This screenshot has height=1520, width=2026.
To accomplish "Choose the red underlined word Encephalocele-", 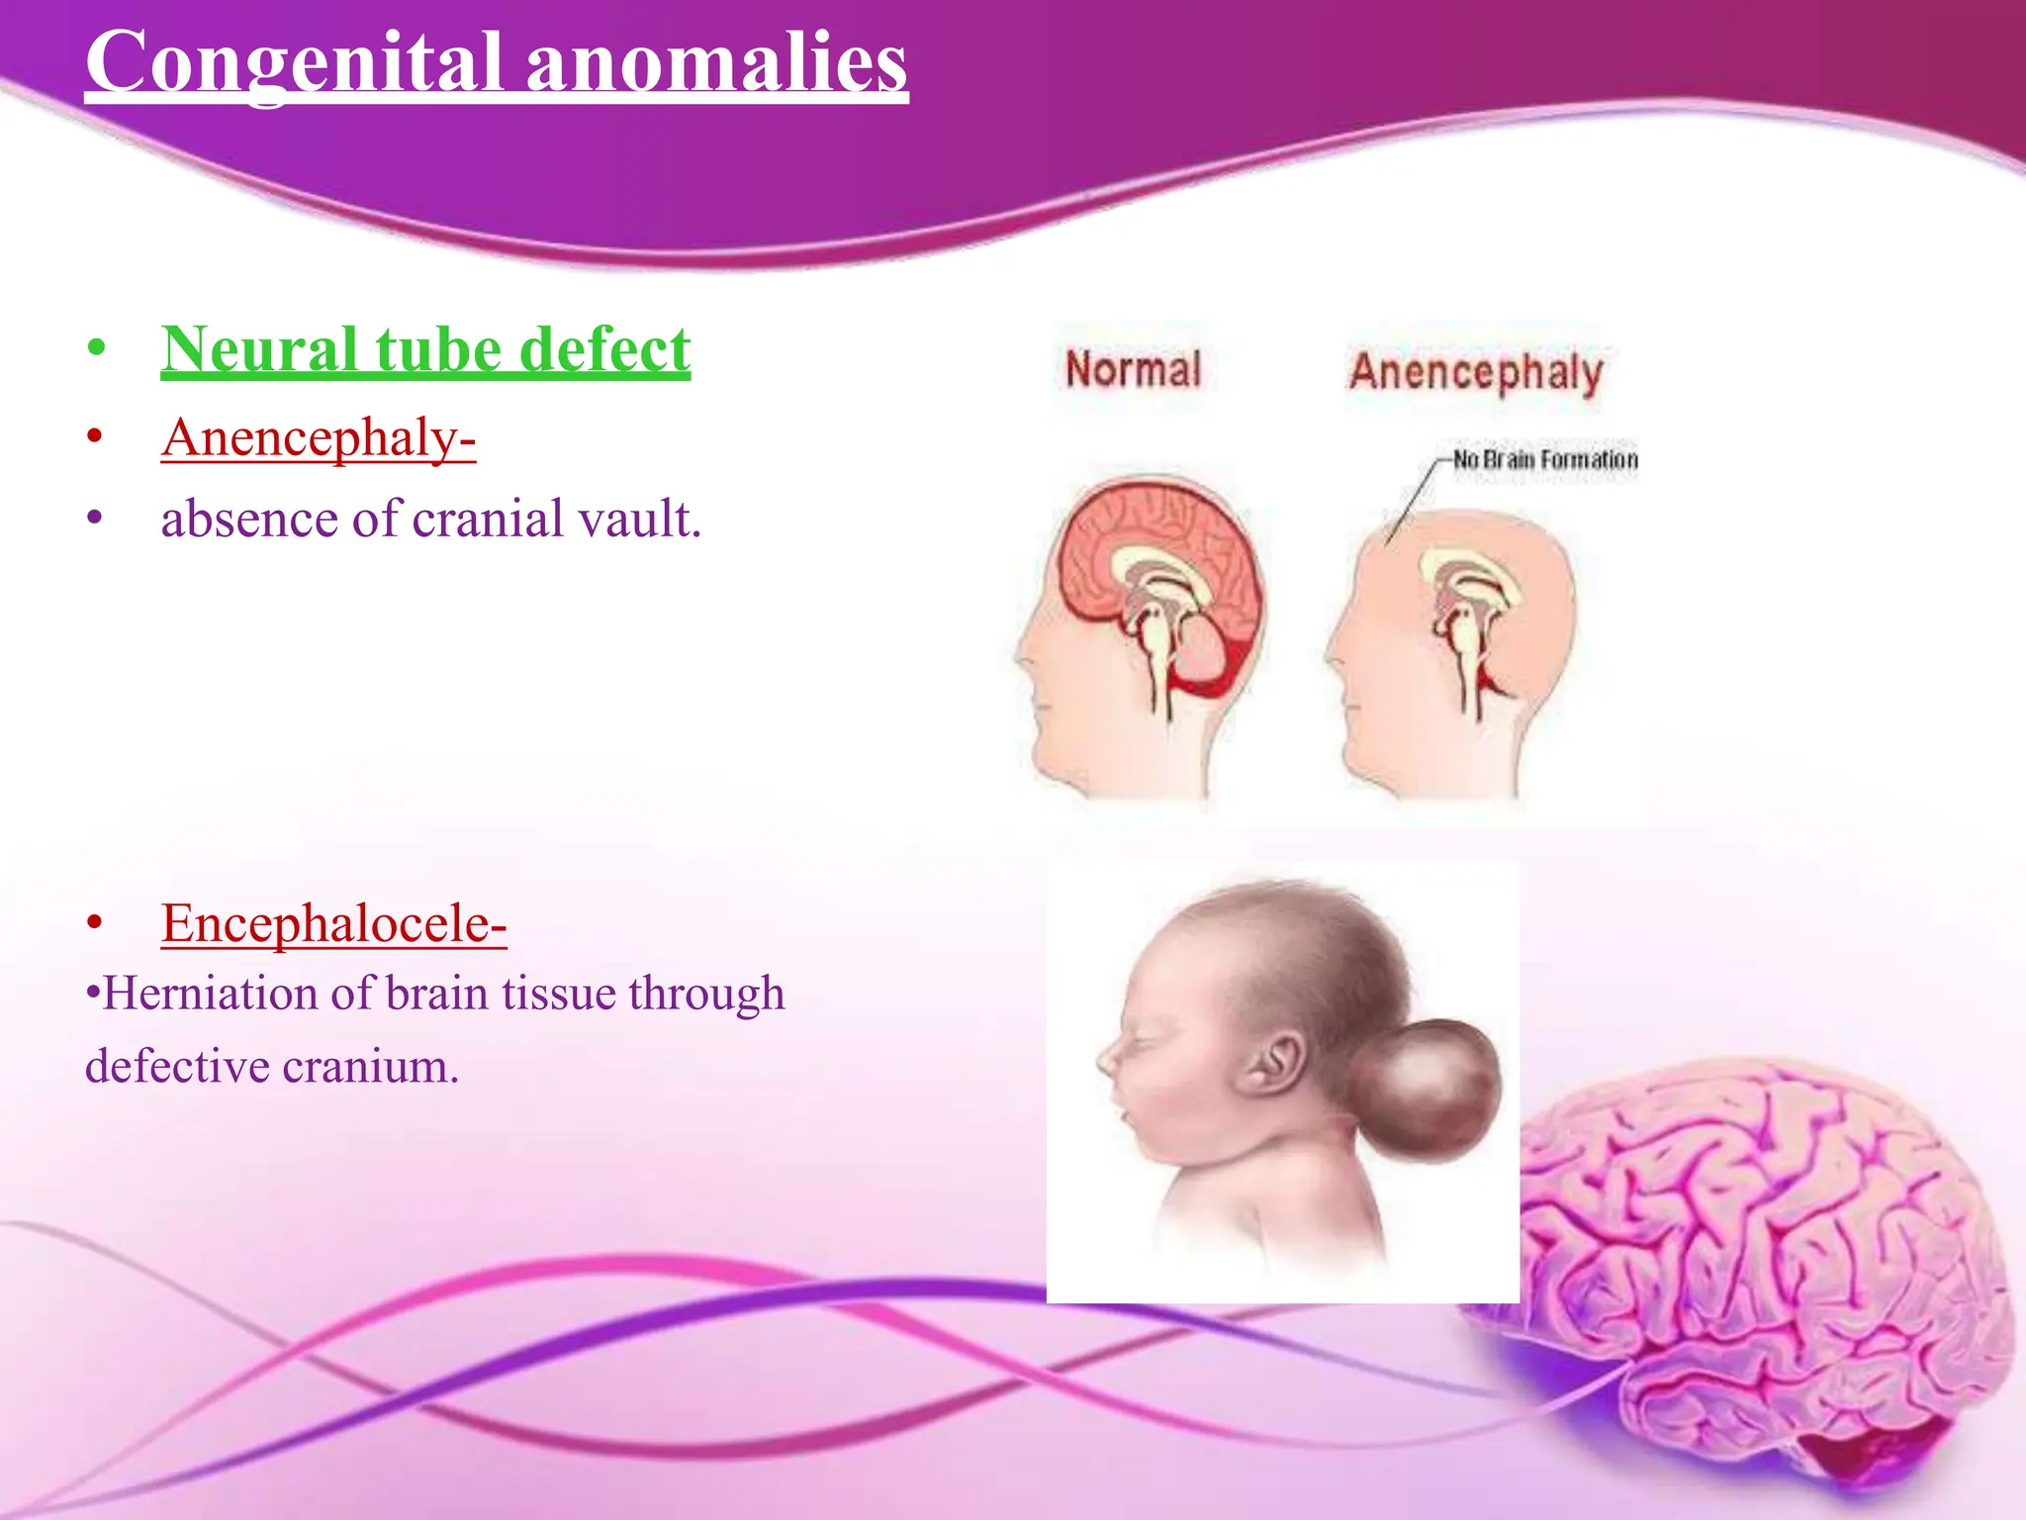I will [x=333, y=922].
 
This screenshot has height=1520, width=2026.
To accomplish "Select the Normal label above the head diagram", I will [x=1134, y=369].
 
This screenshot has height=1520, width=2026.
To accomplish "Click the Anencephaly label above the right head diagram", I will [x=1476, y=372].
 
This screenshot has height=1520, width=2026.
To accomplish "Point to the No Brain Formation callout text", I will [x=1545, y=459].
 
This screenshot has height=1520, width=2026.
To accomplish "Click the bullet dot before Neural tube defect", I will [x=95, y=349].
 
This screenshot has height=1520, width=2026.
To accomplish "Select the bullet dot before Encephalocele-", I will [x=95, y=923].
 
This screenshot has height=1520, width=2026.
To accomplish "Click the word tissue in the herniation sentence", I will [x=560, y=993].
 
